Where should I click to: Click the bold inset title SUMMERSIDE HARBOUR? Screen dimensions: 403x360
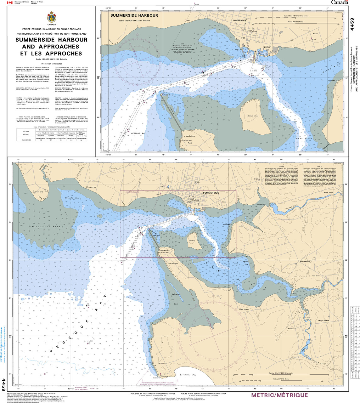134,15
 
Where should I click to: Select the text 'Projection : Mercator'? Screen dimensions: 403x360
51,63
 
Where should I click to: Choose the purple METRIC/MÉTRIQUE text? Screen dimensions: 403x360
279,395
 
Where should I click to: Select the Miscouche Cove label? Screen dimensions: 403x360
72,198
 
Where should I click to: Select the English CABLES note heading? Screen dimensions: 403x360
281,167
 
